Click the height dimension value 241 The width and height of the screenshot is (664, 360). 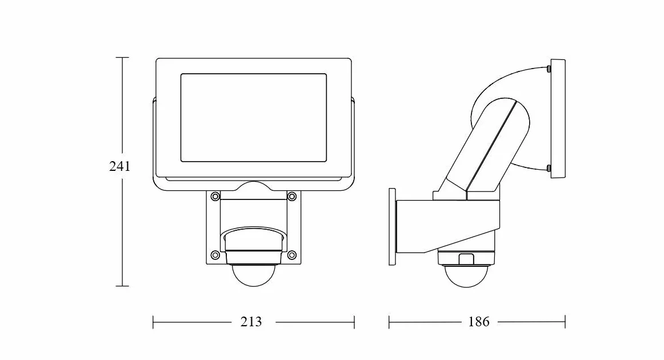coord(120,166)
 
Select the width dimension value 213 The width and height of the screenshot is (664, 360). coord(251,322)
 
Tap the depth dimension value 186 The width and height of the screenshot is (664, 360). coord(478,322)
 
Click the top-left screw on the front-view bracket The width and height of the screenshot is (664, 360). coord(215,196)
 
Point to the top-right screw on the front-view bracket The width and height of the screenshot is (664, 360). coord(292,196)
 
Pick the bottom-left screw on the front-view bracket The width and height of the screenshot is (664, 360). coord(215,255)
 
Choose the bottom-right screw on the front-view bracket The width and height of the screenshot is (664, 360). coord(292,255)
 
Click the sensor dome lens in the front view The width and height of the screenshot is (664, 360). coord(254,275)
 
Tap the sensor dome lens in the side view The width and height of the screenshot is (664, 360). coord(466,276)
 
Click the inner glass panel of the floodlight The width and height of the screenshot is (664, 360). coord(254,118)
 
